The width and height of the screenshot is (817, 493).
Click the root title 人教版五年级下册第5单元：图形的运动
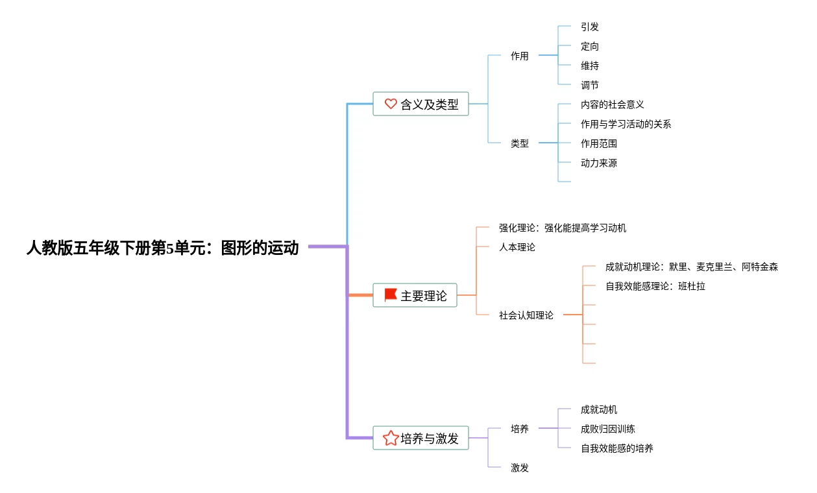(162, 248)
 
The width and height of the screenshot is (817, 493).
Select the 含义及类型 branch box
(421, 104)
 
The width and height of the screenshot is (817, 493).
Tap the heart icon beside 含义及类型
(391, 104)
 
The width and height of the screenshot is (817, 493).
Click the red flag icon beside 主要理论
(391, 295)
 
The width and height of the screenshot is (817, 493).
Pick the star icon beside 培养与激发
(391, 438)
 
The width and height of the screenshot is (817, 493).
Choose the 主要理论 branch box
(415, 295)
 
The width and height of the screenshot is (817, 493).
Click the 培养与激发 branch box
(421, 438)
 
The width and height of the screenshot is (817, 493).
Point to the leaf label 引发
(590, 27)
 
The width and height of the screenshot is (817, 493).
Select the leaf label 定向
(590, 46)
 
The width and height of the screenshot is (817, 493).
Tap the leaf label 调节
(590, 85)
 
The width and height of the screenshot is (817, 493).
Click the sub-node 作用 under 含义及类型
(519, 56)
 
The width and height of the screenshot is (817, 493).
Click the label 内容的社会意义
(612, 104)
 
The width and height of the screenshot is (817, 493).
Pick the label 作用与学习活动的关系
(626, 124)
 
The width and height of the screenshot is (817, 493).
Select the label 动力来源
(599, 163)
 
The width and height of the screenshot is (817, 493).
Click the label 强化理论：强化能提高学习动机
(562, 228)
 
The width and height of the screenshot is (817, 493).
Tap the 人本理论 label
(517, 247)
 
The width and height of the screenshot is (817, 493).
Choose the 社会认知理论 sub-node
(526, 315)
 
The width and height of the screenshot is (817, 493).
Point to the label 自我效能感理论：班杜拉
(655, 286)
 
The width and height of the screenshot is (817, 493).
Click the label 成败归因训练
(608, 429)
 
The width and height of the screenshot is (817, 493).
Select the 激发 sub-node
(519, 468)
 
